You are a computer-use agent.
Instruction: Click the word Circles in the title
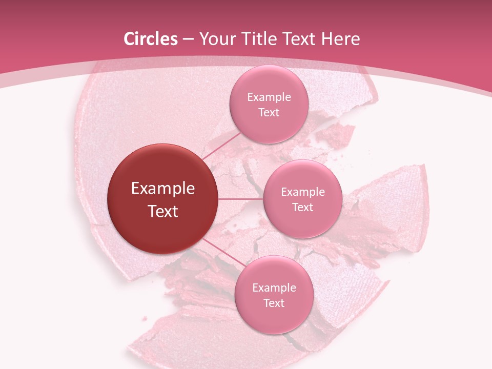pyautogui.click(x=150, y=39)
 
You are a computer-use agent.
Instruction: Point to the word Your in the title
pyautogui.click(x=216, y=39)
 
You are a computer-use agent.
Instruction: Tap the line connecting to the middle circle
pyautogui.click(x=241, y=199)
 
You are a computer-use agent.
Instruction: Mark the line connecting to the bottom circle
pyautogui.click(x=221, y=251)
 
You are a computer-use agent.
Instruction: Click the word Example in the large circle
pyautogui.click(x=163, y=189)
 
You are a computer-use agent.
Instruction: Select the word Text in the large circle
pyautogui.click(x=163, y=211)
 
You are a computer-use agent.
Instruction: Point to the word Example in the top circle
pyautogui.click(x=269, y=97)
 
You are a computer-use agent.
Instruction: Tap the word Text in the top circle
pyautogui.click(x=269, y=113)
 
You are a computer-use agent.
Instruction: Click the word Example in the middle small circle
pyautogui.click(x=303, y=192)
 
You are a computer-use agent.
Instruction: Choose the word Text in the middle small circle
pyautogui.click(x=303, y=208)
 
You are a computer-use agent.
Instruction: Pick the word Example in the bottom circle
pyautogui.click(x=274, y=288)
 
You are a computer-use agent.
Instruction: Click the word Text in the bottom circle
pyautogui.click(x=274, y=303)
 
